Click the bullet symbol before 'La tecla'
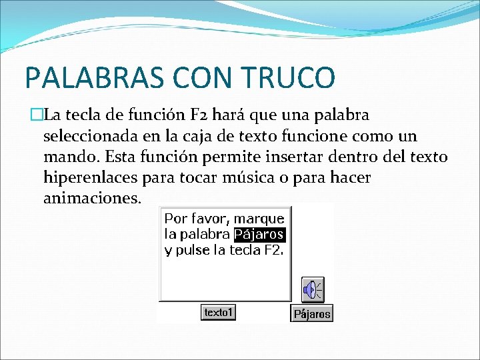36,115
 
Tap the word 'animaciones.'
92,199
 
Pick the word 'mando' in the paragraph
67,157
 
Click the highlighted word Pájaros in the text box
259,235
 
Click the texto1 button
218,312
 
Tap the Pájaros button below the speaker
311,314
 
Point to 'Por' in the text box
175,219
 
